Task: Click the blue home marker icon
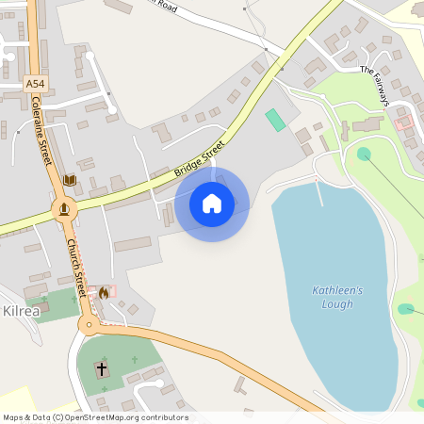click(x=212, y=203)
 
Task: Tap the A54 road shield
click(x=35, y=84)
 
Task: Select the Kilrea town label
click(x=21, y=310)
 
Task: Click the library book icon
click(x=69, y=179)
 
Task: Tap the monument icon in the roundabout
click(x=64, y=209)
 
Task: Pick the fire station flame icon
click(x=103, y=292)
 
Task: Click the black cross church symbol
click(x=102, y=367)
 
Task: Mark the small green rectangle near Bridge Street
click(x=275, y=120)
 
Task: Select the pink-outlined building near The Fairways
click(x=403, y=122)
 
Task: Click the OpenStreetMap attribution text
click(x=95, y=417)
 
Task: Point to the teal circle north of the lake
click(x=364, y=154)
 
